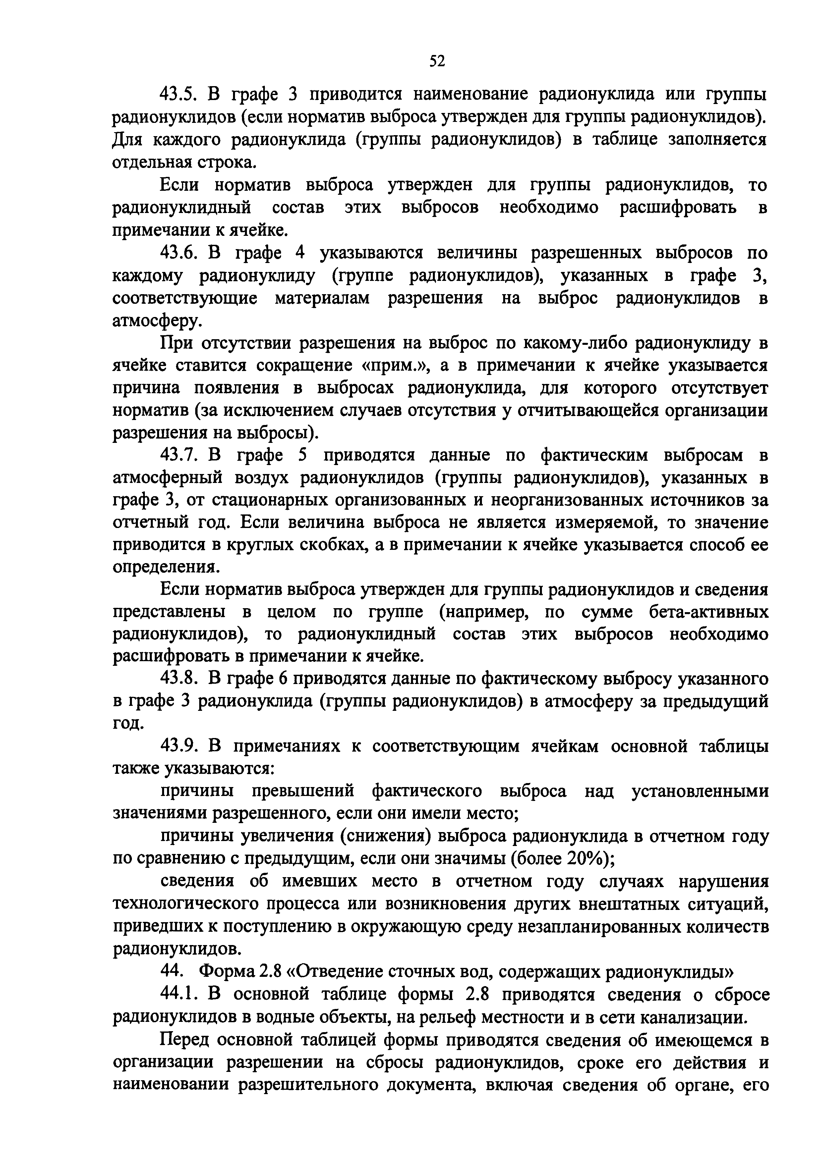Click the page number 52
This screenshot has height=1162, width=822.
pos(437,61)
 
